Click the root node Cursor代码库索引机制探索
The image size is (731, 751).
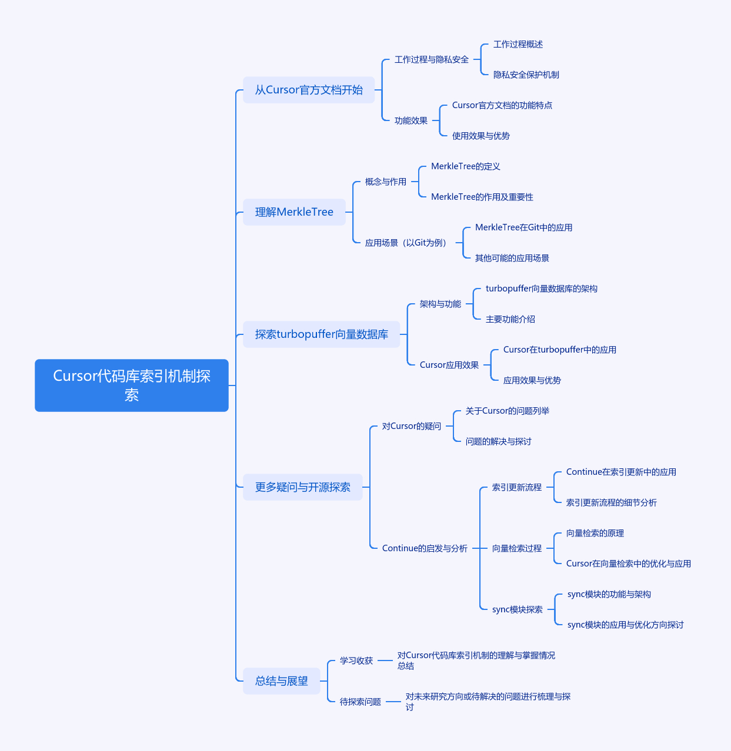tap(131, 385)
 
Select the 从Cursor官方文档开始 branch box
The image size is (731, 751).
tap(309, 90)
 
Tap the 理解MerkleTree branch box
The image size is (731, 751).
tap(294, 212)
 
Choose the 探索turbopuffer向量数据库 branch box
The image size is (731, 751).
tap(321, 334)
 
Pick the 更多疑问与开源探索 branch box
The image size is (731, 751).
tap(302, 487)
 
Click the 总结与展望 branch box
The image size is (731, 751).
tap(281, 680)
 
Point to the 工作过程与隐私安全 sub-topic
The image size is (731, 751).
tap(431, 59)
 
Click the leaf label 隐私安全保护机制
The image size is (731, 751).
tap(526, 75)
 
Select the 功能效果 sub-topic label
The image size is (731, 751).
tap(411, 120)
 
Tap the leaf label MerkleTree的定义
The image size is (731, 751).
tap(465, 166)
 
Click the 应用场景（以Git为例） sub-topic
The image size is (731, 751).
tap(406, 243)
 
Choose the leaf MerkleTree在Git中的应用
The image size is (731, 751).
tap(523, 227)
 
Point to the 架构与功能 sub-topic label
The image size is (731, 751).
tap(440, 304)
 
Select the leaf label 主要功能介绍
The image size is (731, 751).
tap(510, 319)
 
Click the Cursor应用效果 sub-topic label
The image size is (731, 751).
tap(449, 365)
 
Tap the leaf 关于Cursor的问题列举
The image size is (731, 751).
tap(507, 411)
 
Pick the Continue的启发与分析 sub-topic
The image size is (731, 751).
tap(425, 548)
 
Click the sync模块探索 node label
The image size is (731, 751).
tap(517, 609)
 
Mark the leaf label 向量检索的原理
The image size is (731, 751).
tap(595, 533)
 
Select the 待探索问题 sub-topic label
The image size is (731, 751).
tap(360, 702)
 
